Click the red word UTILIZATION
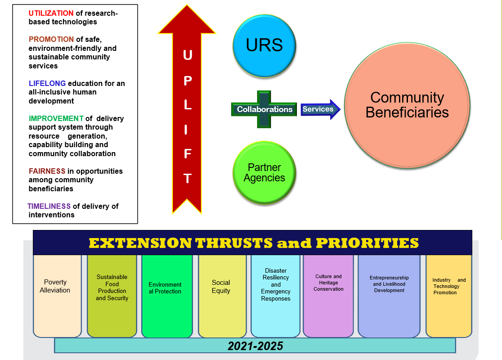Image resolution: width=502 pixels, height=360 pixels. coord(51,13)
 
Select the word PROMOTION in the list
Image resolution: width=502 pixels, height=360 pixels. coord(51,39)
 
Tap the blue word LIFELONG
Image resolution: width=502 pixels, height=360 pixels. coord(47,83)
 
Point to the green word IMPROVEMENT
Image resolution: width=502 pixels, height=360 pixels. coord(56,118)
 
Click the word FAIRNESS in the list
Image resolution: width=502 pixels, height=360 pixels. coord(47,171)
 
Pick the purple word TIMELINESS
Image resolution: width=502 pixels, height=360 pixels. coord(49,206)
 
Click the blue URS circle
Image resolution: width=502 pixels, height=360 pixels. coord(264,45)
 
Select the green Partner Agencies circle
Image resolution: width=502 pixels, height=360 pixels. coord(264,173)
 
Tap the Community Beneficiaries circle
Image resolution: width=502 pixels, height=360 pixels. coord(407,105)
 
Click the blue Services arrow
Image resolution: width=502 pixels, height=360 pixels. coord(320,109)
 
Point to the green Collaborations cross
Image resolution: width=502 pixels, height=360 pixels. coord(264,109)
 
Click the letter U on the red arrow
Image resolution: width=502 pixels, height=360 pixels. coord(188,55)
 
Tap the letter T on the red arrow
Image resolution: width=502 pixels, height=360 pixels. coord(188,178)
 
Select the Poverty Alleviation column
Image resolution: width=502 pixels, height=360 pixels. coord(57,296)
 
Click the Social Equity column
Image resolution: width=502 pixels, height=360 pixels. coord(222,296)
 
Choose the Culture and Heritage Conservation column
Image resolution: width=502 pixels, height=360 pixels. coord(328,296)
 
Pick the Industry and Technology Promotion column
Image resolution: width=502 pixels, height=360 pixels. coord(448,296)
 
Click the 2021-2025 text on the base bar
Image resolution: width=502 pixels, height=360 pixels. coord(255,346)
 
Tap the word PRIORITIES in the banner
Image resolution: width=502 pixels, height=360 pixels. coord(367,243)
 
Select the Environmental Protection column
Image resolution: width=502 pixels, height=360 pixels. coord(167,296)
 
